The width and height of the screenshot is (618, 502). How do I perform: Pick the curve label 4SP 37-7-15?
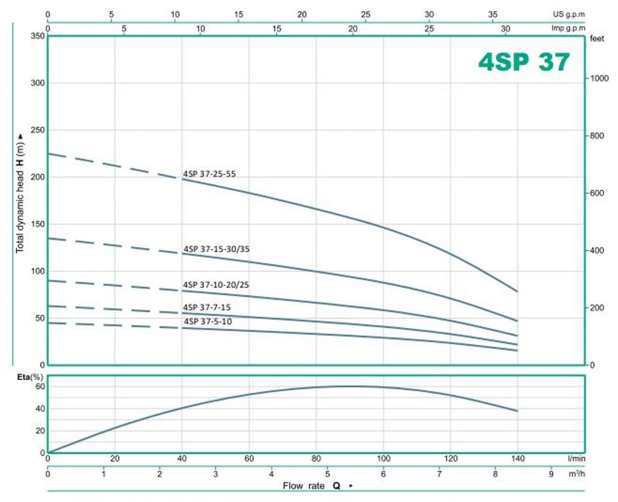pyautogui.click(x=207, y=307)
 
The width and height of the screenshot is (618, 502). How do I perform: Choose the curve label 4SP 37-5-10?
pyautogui.click(x=207, y=321)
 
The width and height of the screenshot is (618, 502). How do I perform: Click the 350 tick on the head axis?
pyautogui.click(x=37, y=36)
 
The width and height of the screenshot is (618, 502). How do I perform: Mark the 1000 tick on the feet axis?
pyautogui.click(x=597, y=79)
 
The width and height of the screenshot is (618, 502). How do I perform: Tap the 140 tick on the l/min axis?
pyautogui.click(x=517, y=459)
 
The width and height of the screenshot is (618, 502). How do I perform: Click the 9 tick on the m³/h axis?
pyautogui.click(x=551, y=474)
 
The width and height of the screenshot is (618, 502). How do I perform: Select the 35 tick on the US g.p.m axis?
pyautogui.click(x=492, y=14)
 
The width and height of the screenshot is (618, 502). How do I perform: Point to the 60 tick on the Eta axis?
pyautogui.click(x=40, y=387)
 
